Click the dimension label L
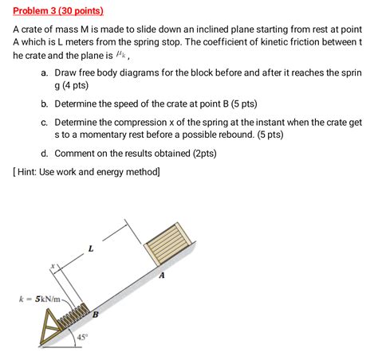(90, 248)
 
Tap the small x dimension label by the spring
(53, 266)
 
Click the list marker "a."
(45, 72)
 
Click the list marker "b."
(45, 104)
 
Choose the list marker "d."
(45, 153)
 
